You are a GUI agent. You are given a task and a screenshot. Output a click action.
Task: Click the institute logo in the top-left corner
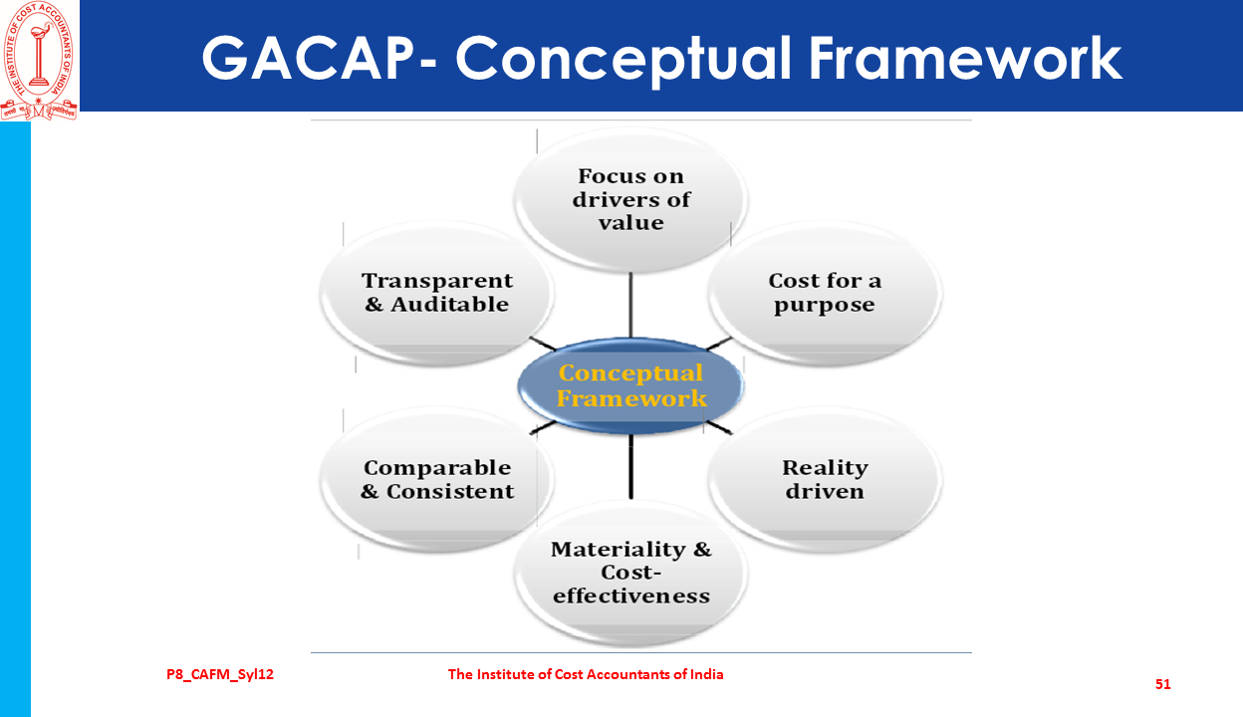pos(39,60)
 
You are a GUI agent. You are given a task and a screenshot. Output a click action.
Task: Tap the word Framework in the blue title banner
pos(965,59)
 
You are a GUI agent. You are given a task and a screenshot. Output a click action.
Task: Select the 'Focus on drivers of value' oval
pos(630,200)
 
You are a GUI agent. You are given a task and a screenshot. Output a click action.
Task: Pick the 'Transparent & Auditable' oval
pos(436,293)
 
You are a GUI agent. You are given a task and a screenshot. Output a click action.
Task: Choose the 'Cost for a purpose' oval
pos(825,293)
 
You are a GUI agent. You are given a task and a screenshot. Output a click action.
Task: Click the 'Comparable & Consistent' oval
pos(436,480)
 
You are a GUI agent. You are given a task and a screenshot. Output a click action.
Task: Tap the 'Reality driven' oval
pos(825,480)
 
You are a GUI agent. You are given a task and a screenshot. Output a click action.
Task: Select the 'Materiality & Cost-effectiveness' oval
pos(630,574)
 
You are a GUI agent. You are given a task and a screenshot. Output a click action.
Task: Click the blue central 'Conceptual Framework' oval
pos(630,385)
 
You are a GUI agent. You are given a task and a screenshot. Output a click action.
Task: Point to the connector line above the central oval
pos(630,305)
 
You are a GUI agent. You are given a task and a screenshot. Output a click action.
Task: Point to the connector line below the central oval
pos(630,467)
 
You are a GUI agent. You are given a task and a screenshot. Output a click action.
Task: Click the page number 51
pos(1162,684)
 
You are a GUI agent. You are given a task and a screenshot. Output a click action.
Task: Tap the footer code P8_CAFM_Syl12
pos(220,674)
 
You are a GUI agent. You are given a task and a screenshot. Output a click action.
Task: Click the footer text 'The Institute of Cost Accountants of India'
pos(586,674)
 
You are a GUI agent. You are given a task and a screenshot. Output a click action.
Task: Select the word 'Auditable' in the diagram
pos(450,304)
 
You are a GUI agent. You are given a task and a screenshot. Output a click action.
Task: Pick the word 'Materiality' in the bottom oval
pos(619,550)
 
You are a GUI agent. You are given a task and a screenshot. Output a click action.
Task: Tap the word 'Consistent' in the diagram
pos(450,491)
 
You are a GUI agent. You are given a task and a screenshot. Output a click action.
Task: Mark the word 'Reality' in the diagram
pos(825,468)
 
